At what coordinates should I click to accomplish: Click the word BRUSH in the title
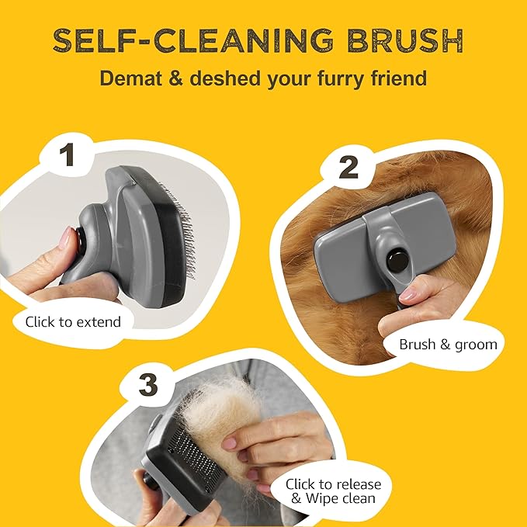[405, 40]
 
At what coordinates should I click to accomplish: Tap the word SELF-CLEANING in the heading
[193, 40]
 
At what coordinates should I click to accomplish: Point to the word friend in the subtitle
[399, 78]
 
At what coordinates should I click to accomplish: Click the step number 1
[67, 154]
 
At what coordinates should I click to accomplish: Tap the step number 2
[348, 168]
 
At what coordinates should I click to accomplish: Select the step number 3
[148, 385]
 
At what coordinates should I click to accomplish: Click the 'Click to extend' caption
[73, 322]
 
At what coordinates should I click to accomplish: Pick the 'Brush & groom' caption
[448, 345]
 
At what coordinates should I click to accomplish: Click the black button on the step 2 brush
[396, 261]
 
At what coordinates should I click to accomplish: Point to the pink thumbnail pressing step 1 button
[66, 237]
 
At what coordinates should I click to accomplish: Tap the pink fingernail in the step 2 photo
[407, 295]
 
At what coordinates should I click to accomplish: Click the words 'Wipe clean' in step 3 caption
[341, 498]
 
